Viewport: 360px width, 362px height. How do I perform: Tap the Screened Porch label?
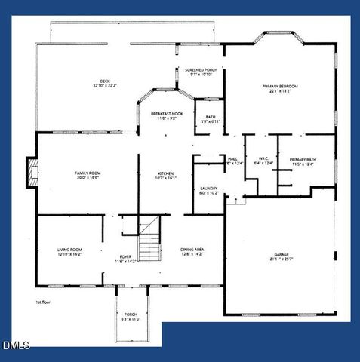pos(201,72)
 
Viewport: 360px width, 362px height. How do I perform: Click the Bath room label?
pos(211,118)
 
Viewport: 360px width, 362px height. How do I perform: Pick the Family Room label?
pos(88,175)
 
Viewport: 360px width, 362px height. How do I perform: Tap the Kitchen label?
pos(165,175)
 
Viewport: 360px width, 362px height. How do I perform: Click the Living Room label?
pos(69,251)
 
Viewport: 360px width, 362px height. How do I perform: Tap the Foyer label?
pos(125,259)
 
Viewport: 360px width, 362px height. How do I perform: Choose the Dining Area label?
pos(192,251)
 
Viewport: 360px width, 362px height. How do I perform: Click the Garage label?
pos(282,256)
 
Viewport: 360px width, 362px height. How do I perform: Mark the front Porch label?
pos(131,317)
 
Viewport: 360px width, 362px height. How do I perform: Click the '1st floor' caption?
pos(43,302)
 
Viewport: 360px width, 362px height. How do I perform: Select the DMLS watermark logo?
pos(16,345)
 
